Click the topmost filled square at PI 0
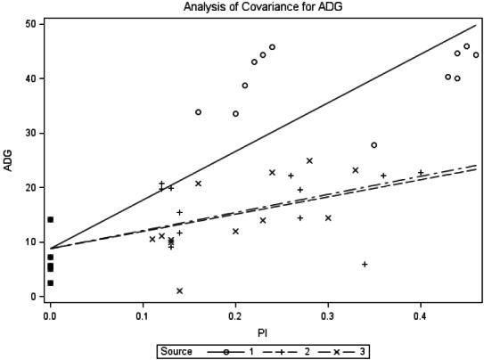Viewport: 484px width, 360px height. [x=50, y=219]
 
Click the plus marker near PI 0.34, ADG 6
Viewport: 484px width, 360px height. [x=365, y=264]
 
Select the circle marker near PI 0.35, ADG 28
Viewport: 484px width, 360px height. [x=374, y=144]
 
